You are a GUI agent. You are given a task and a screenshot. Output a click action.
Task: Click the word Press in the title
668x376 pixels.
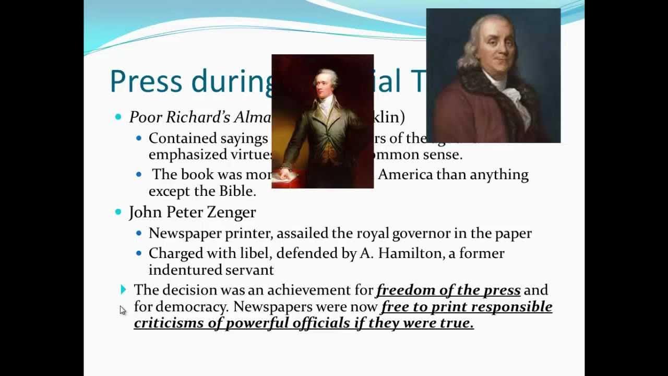coord(146,81)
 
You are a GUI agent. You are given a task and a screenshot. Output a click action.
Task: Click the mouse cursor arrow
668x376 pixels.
coord(122,310)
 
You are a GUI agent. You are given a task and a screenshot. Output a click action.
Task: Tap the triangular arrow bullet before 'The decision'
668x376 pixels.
coord(123,289)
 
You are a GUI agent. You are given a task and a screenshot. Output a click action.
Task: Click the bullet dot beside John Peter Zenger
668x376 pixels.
coord(118,212)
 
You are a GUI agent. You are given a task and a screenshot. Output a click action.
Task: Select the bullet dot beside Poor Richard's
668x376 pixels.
coord(118,117)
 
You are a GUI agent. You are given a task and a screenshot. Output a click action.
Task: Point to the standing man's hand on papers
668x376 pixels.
coord(285,173)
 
